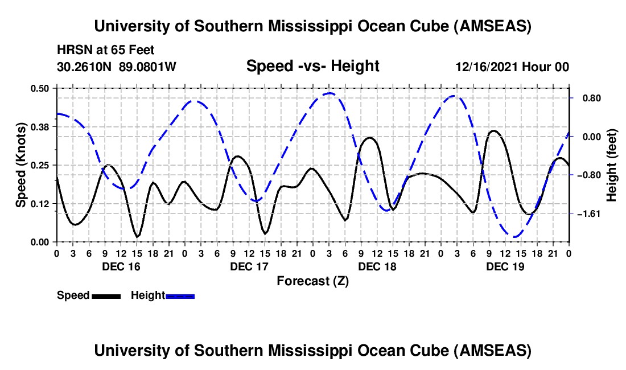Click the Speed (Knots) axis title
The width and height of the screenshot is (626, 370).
pyautogui.click(x=20, y=165)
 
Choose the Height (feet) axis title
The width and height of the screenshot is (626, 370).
pyautogui.click(x=612, y=165)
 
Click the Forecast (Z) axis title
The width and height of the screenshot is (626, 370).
pyautogui.click(x=312, y=281)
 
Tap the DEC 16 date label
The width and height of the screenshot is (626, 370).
pyautogui.click(x=120, y=266)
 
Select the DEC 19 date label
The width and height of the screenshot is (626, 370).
pyautogui.click(x=504, y=266)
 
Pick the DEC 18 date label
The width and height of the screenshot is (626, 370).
pyautogui.click(x=376, y=266)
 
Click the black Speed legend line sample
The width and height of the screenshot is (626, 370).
pyautogui.click(x=106, y=295)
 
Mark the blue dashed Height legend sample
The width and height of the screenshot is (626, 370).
pyautogui.click(x=180, y=295)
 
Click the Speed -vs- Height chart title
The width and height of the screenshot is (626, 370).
pyautogui.click(x=312, y=67)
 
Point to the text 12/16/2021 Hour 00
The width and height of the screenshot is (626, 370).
pyautogui.click(x=512, y=67)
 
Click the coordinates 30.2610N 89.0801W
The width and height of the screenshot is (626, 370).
pyautogui.click(x=117, y=67)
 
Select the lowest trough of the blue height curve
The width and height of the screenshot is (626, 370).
pyautogui.click(x=515, y=237)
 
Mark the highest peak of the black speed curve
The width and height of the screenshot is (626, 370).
pyautogui.click(x=493, y=131)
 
